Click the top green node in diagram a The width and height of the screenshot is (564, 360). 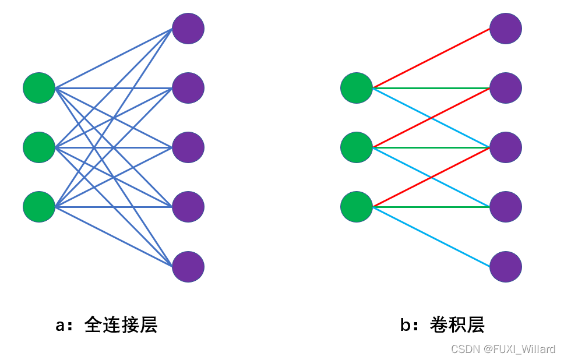click(39, 88)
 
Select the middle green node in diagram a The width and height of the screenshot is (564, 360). click(39, 147)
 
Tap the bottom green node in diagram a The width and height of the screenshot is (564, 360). click(39, 206)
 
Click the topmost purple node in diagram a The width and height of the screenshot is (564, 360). click(188, 28)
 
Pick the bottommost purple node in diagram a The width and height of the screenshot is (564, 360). click(188, 267)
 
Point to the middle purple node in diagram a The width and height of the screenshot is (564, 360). click(188, 147)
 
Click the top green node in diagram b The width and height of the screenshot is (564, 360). click(357, 88)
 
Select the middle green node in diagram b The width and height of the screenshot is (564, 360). click(357, 147)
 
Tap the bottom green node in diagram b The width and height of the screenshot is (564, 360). click(357, 206)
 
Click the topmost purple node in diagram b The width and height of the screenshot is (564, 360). click(506, 28)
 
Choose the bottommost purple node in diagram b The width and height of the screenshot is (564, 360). click(506, 267)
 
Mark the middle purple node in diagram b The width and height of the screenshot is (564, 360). click(506, 147)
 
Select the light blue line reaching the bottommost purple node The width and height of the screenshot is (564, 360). click(431, 237)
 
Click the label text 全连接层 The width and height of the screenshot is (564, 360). click(121, 325)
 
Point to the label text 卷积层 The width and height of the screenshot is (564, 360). click(457, 325)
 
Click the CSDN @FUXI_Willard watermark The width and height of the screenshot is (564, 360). click(503, 349)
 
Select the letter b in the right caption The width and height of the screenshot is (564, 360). click(406, 325)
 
